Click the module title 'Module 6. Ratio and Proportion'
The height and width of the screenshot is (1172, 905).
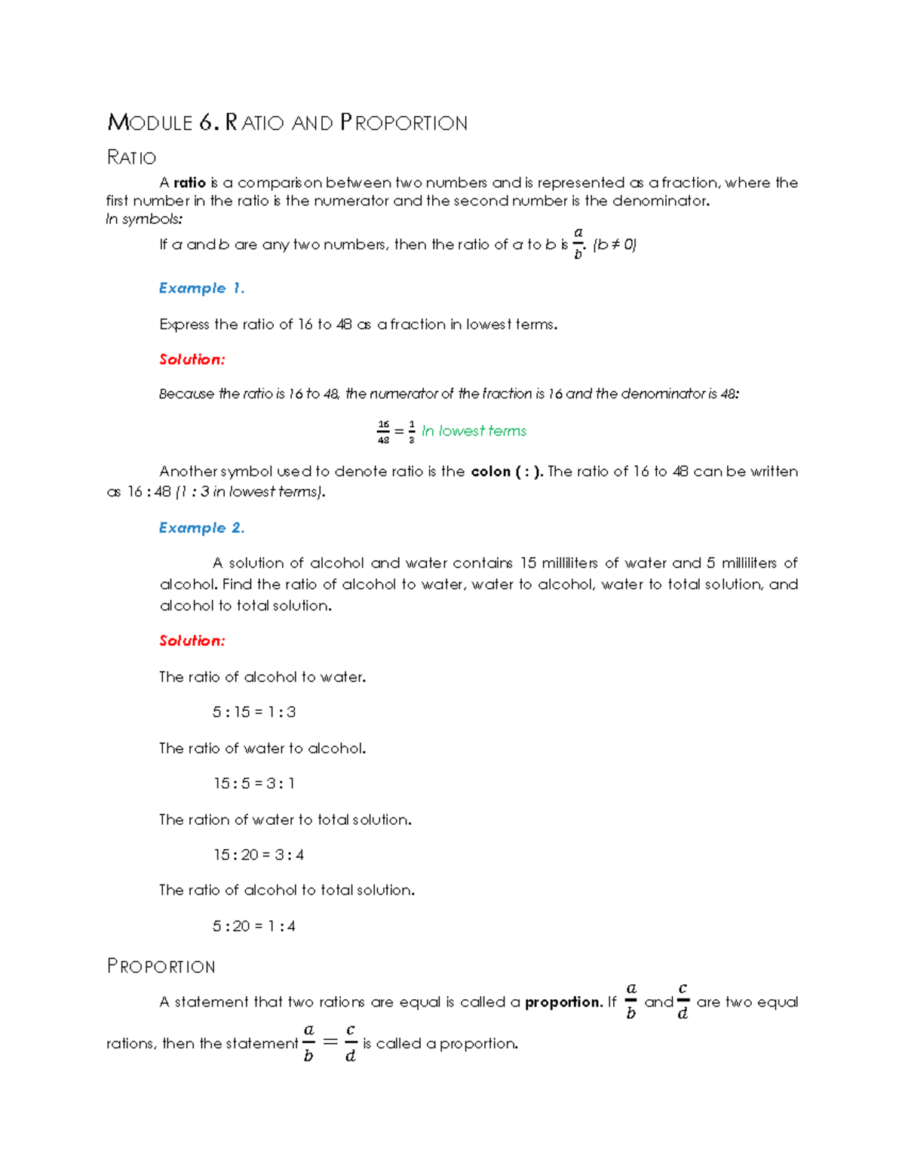coord(287,122)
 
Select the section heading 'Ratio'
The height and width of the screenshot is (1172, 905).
coord(131,157)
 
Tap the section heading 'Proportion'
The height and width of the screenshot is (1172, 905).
coord(161,966)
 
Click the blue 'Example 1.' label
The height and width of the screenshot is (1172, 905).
coord(201,288)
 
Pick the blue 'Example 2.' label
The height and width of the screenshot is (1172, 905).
coord(201,528)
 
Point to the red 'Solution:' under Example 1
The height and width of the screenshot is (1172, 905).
coord(192,359)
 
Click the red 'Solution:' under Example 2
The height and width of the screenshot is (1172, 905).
coord(192,641)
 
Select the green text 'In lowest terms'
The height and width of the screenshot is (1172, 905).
coord(474,431)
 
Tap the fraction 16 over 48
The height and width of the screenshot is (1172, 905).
coord(383,432)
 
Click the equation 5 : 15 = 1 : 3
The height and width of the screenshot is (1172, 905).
coord(253,712)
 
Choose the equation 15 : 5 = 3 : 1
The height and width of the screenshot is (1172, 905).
coord(253,783)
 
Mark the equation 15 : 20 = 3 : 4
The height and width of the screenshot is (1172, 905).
coord(258,854)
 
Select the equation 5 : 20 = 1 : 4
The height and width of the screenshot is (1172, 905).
coord(253,926)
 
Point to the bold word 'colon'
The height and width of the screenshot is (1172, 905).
coord(490,472)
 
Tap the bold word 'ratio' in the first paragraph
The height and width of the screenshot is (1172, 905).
coord(189,183)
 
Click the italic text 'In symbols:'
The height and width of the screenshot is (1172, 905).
coord(144,220)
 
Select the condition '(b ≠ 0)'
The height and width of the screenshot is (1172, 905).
coord(615,245)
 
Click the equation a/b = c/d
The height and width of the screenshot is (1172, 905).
coord(329,1043)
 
